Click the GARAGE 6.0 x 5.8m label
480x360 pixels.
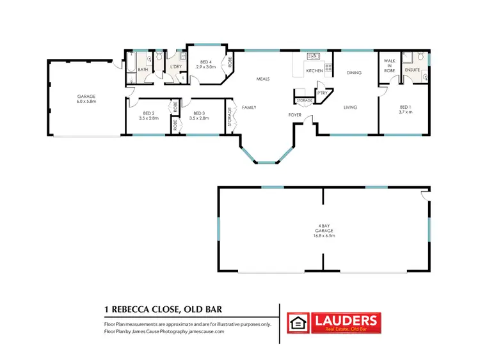coord(85,99)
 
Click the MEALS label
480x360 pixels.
coord(262,79)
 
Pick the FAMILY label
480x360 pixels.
coord(249,107)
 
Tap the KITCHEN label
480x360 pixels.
coord(314,70)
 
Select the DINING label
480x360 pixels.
coord(354,73)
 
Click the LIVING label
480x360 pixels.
coord(350,107)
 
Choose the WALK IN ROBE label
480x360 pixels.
coord(388,65)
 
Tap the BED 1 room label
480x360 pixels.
coord(404,109)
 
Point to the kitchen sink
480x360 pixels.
coord(313,56)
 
